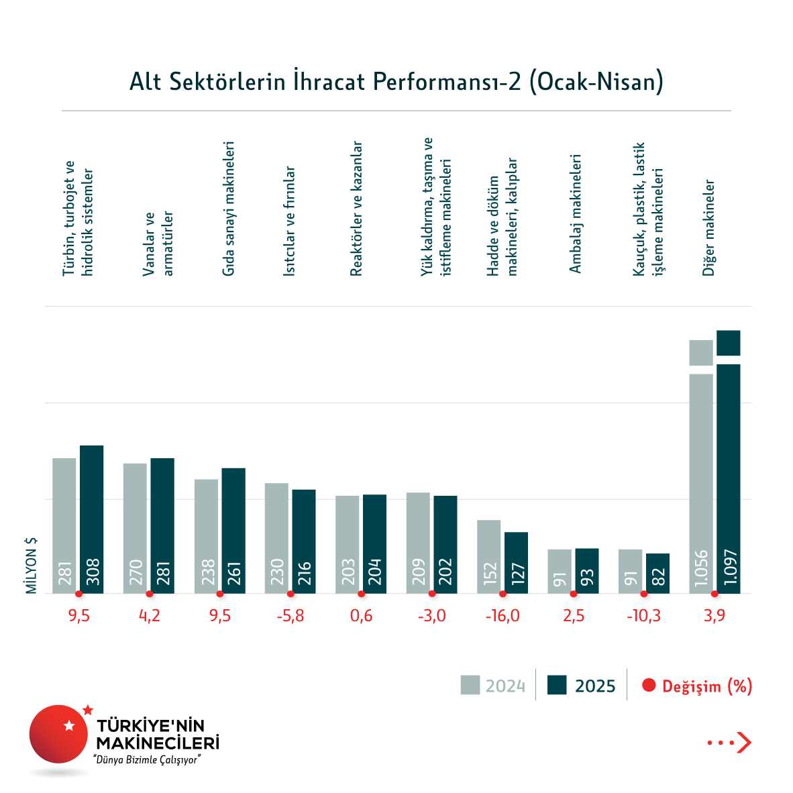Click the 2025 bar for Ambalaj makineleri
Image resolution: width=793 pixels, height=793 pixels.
[587, 571]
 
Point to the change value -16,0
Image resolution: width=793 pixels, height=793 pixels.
[503, 616]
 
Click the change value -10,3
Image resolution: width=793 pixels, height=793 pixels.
[643, 616]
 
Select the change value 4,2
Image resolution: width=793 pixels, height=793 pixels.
[150, 616]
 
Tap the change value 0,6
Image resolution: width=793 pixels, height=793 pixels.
[361, 616]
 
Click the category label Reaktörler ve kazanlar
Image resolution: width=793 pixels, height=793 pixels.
[356, 209]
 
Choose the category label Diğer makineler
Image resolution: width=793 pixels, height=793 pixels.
[709, 228]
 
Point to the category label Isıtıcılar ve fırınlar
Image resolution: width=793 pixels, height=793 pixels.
[289, 221]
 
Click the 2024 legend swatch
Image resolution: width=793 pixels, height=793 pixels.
[470, 685]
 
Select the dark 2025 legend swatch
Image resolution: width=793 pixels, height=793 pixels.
[557, 685]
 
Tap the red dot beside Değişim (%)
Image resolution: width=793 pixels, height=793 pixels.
[648, 686]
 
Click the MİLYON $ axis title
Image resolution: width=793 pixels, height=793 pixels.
[32, 566]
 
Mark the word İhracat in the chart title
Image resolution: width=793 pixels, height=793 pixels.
[328, 81]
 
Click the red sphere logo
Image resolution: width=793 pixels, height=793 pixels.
[58, 734]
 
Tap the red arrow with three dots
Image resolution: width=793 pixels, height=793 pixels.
[729, 743]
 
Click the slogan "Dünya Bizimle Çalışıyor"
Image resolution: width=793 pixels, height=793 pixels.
[148, 760]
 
